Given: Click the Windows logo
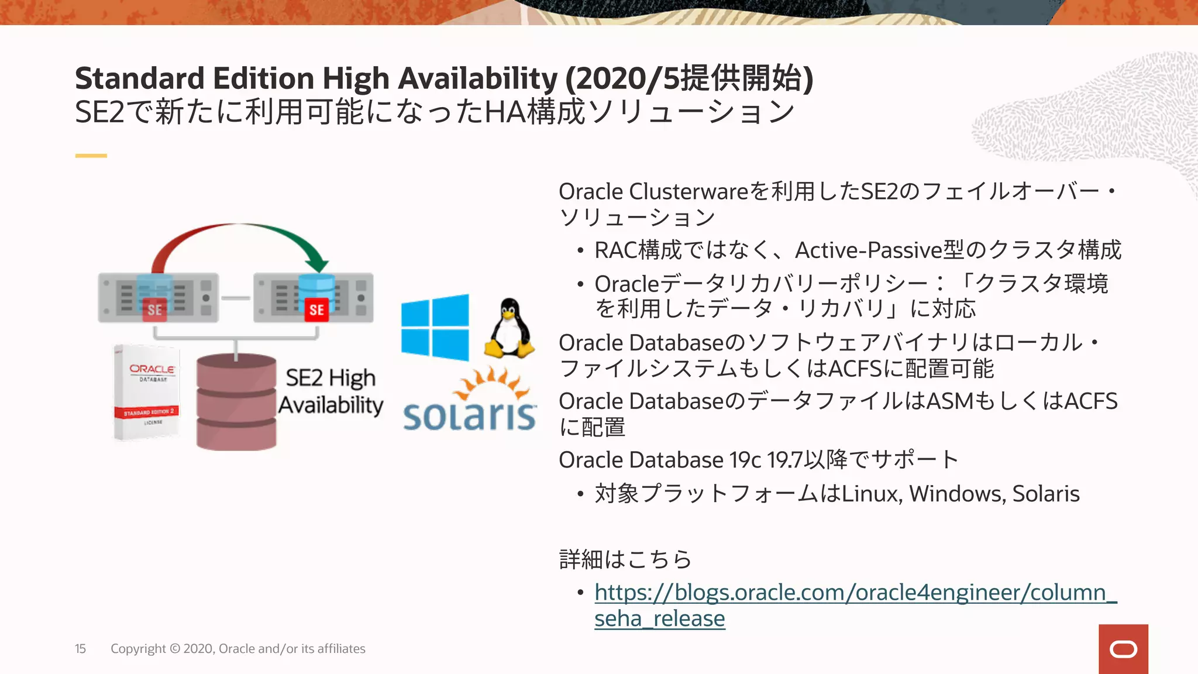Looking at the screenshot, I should coord(435,327).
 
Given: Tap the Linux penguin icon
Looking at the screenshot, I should coord(510,329).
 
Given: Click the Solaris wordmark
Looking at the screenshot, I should coord(470,415).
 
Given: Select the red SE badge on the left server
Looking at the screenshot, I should coord(154,310).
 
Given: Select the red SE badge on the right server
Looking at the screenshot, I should coord(316,310).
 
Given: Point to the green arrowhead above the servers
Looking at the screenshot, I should coord(317,263).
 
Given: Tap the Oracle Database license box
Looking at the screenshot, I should coord(147,392).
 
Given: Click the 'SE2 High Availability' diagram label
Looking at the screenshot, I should coord(331,391).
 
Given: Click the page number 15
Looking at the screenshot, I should coord(80,649).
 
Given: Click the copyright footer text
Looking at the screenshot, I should coord(238,649).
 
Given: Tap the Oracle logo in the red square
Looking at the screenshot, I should coord(1123,649).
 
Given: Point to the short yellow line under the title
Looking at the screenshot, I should coord(91,156).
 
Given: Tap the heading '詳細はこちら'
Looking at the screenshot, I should coord(625,559).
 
